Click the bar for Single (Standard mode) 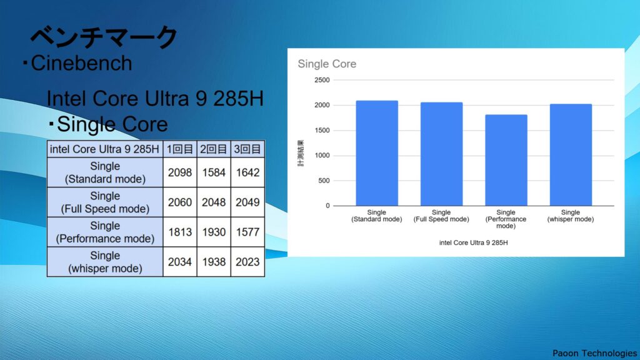377,153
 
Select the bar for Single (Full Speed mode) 442,154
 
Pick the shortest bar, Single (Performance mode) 506,160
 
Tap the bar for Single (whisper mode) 571,155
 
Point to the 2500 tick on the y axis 322,80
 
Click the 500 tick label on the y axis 324,181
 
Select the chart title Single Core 327,64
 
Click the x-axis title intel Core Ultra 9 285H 474,242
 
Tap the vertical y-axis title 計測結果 301,153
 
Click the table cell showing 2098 179,172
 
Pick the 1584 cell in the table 214,172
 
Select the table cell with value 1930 214,232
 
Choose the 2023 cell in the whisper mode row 247,262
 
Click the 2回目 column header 214,149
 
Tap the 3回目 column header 247,149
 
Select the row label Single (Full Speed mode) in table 105,202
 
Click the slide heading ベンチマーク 104,37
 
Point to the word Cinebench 81,63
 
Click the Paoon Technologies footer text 595,353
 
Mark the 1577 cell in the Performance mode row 247,232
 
